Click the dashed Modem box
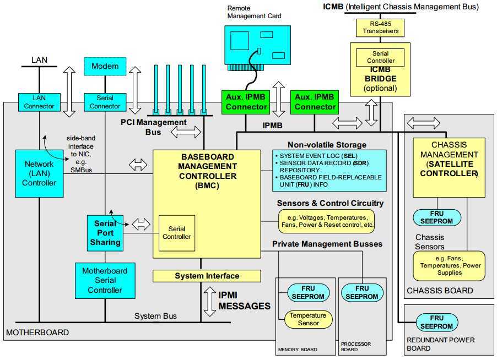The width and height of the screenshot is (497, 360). pos(105,67)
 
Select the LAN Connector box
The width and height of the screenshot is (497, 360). pos(35,101)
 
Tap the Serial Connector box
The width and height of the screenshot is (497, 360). pos(105,101)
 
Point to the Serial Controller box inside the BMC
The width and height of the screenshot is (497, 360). pos(176,232)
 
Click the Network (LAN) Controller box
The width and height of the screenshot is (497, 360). pos(39,173)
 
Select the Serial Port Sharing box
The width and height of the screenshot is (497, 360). pos(105,233)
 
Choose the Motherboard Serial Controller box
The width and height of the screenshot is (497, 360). pos(105,280)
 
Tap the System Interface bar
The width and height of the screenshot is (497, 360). pos(207,275)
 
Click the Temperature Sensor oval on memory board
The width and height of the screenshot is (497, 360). pos(308,319)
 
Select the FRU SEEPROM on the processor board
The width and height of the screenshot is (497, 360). pos(362,292)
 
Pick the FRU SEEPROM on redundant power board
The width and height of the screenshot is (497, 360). pos(437,322)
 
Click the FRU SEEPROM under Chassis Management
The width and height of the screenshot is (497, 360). pos(436,217)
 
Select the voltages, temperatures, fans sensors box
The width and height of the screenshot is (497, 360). pos(326,221)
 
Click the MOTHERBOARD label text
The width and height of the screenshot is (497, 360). pos(37,333)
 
